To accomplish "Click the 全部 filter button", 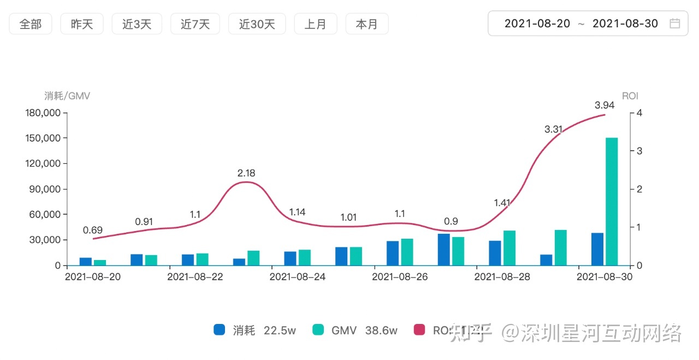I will [31, 24].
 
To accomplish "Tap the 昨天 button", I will [82, 24].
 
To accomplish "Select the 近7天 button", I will [195, 24].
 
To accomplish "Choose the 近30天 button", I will [257, 24].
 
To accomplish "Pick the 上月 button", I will [315, 24].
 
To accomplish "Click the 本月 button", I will [366, 24].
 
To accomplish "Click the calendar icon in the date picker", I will [675, 23].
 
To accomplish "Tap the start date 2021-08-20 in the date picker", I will [537, 23].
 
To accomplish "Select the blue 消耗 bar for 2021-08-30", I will [597, 249].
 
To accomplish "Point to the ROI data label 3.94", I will [605, 105].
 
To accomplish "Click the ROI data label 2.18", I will [246, 173].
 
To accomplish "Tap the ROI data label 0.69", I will [93, 230].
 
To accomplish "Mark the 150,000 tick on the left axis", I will [44, 138].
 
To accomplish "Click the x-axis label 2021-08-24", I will [298, 277].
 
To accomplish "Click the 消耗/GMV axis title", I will [67, 96].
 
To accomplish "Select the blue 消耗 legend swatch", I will [220, 330].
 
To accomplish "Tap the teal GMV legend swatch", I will [318, 330].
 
